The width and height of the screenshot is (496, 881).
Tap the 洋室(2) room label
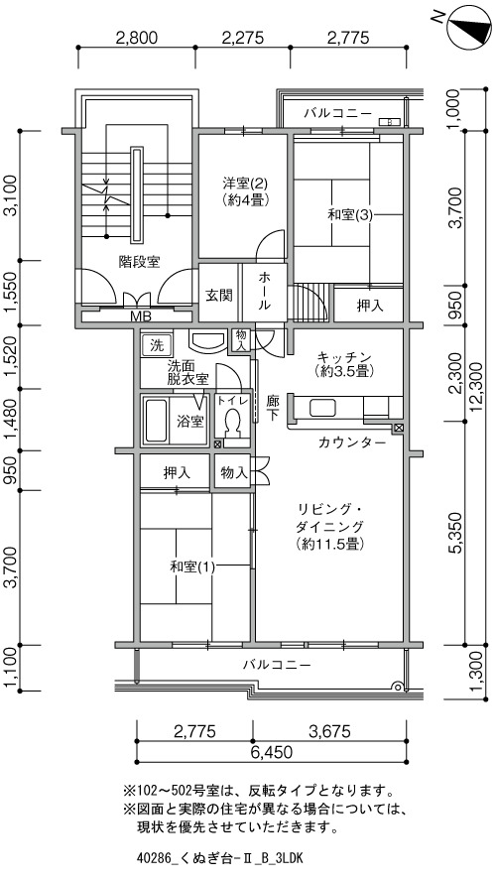[x=245, y=184]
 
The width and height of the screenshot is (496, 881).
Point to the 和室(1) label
[x=192, y=566]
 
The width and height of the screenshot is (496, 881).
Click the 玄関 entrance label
[x=218, y=295]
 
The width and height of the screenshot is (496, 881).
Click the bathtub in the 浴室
[x=156, y=421]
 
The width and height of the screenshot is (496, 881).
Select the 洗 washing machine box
[x=154, y=345]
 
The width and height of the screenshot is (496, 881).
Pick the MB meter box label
[x=141, y=316]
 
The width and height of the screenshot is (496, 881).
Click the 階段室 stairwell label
[x=139, y=262]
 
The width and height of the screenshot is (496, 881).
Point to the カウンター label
[x=352, y=442]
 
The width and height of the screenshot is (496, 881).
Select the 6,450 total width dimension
[x=271, y=752]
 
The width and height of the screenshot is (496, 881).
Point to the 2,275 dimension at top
[x=242, y=38]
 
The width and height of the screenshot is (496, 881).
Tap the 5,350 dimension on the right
[x=455, y=533]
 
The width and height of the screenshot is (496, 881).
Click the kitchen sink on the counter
[x=321, y=408]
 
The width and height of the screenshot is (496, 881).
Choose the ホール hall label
[x=265, y=292]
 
